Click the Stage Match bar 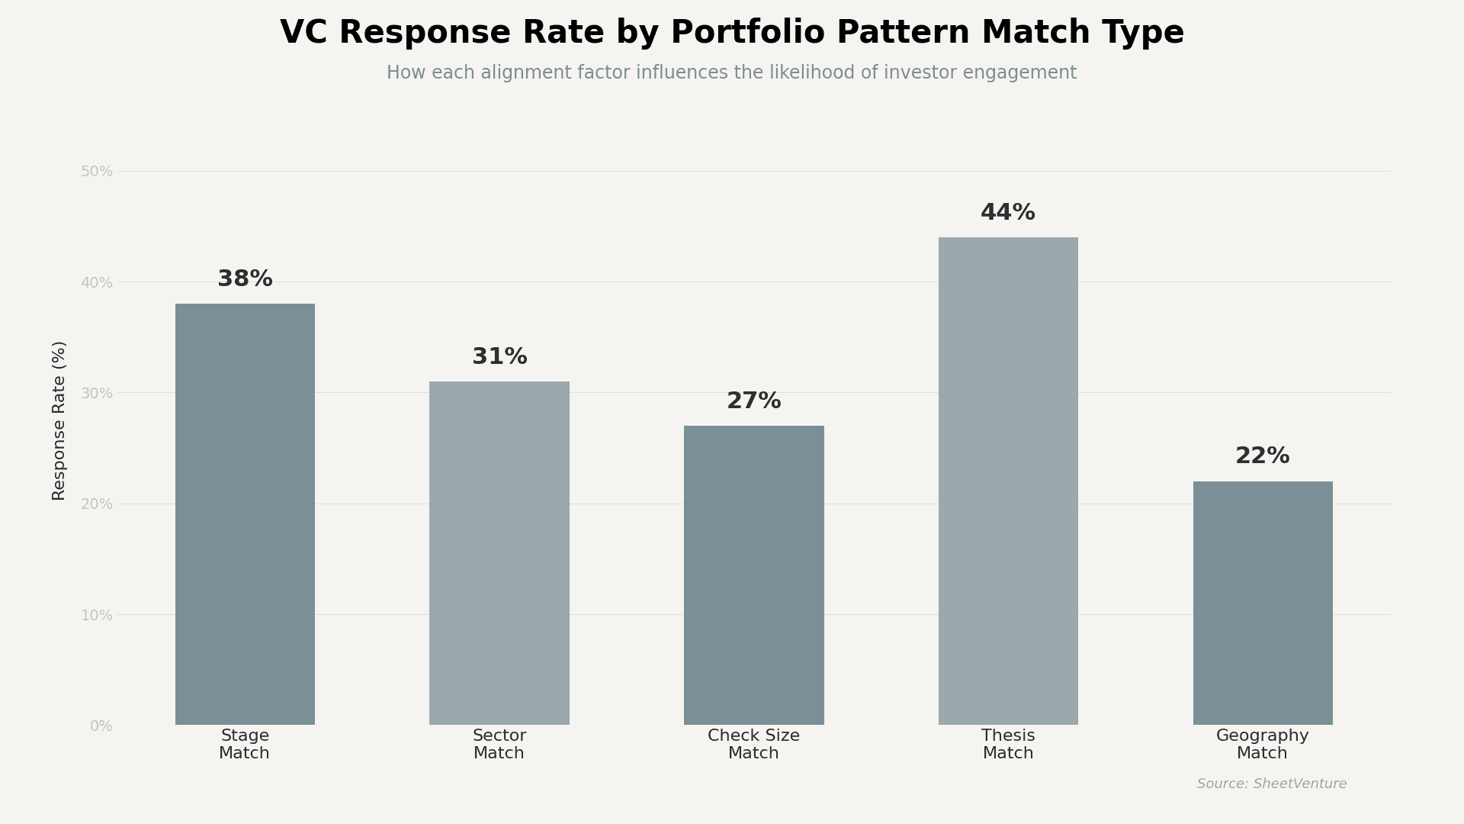coord(245,514)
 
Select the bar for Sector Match coord(499,553)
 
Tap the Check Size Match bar coord(753,575)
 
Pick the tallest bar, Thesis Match coord(1008,481)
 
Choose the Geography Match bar coord(1263,603)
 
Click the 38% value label coord(245,279)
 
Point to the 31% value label coord(499,357)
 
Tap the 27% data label coord(753,401)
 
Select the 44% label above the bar coord(1008,213)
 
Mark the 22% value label coord(1263,456)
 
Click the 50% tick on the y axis coord(97,172)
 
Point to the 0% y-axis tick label coord(101,726)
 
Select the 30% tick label coord(97,394)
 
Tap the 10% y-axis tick coord(97,616)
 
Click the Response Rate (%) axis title coord(59,420)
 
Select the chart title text coord(732,34)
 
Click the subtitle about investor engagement coord(732,73)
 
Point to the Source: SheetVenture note coord(1272,784)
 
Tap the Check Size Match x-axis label coord(753,745)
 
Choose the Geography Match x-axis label coord(1263,745)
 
